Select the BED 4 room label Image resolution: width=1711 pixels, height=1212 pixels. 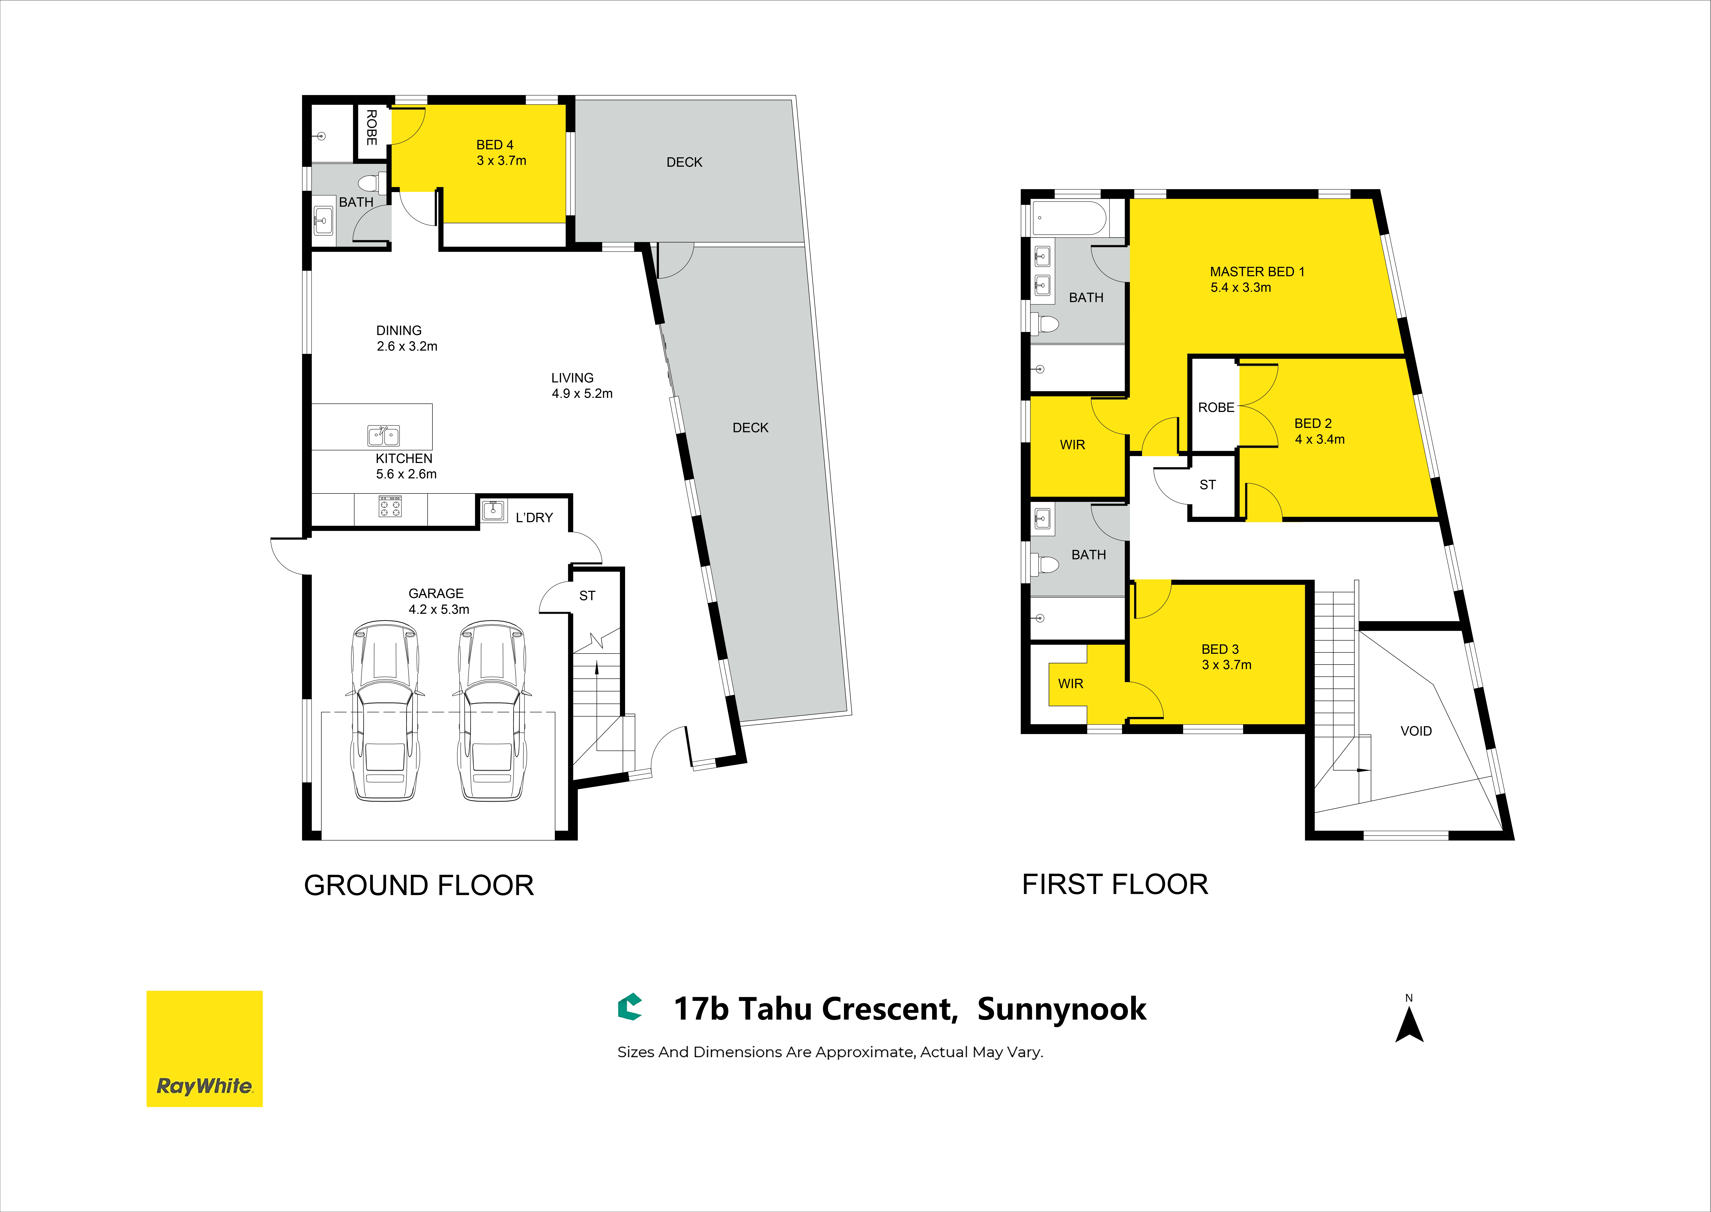495,145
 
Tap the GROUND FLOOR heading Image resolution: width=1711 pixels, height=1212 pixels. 419,885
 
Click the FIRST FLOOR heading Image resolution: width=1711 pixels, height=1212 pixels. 1115,884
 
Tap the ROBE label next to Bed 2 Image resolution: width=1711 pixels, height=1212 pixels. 1216,407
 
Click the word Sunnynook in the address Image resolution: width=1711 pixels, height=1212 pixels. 1061,1009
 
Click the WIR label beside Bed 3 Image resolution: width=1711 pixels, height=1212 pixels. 1071,684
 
